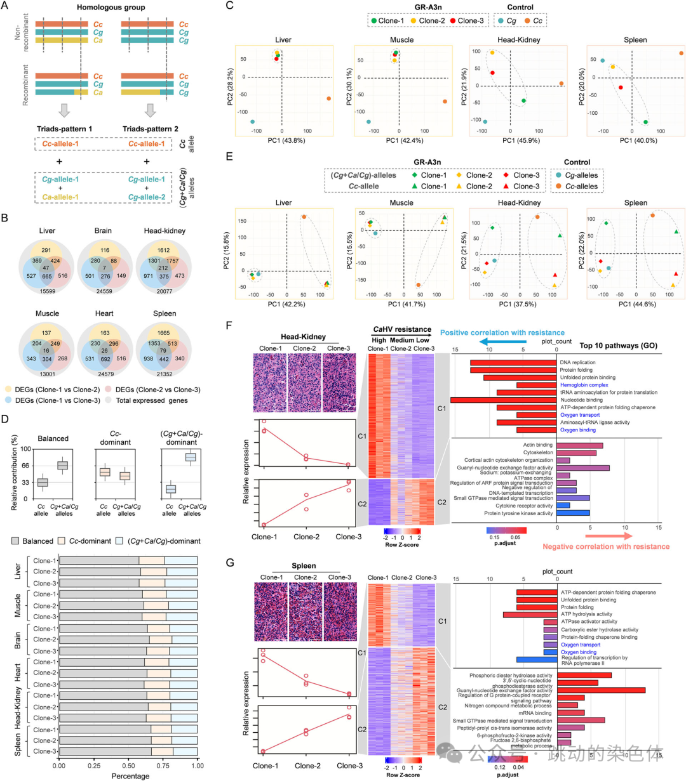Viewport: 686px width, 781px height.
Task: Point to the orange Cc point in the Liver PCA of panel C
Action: coord(328,98)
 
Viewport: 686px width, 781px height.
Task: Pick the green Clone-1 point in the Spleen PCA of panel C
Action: coord(645,122)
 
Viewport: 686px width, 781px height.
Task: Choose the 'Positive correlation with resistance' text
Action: coord(502,332)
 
